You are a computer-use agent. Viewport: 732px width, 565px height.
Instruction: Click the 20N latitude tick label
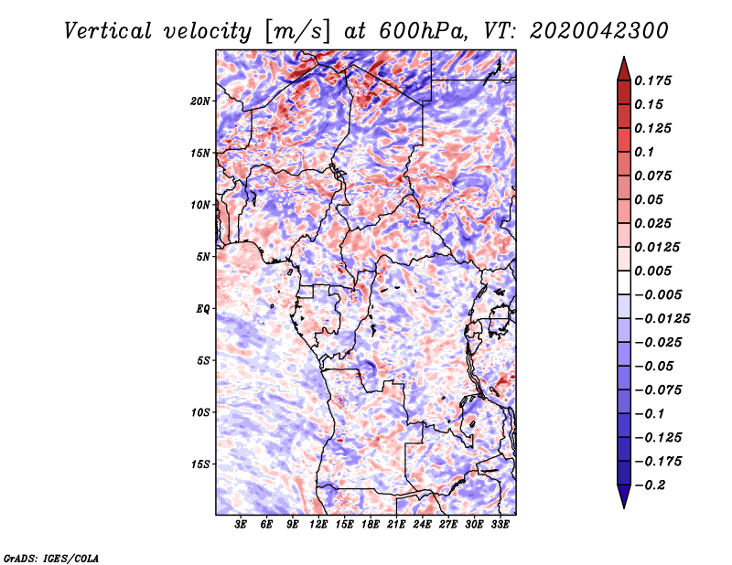[200, 101]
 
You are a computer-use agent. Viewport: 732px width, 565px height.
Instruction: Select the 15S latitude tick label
[200, 464]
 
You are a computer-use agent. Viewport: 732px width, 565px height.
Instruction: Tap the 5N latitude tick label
[203, 257]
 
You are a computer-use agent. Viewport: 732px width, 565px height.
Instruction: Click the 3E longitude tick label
[242, 526]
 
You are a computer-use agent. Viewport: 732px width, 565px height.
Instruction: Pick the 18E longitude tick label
[371, 526]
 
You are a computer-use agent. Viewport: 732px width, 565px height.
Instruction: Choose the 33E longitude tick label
[500, 526]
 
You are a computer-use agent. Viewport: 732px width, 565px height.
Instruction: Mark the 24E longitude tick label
[422, 526]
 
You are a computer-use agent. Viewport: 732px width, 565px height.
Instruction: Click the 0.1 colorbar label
[646, 152]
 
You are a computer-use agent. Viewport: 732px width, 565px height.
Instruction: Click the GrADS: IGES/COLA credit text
[50, 557]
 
